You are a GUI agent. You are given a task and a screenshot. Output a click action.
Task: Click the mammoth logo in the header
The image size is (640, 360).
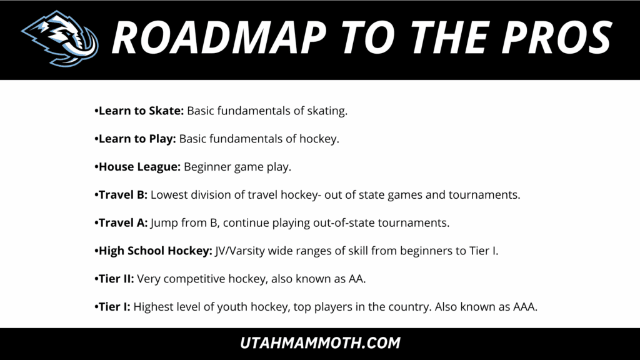coord(61,38)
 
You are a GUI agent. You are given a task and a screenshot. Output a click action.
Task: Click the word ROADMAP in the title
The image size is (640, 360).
coord(219,38)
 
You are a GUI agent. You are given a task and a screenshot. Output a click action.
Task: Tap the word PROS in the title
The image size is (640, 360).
coord(557,38)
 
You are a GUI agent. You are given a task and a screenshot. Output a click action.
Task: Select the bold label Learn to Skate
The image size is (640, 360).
coord(141,111)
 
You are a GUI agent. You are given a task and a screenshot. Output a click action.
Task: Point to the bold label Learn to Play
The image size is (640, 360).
coord(137,139)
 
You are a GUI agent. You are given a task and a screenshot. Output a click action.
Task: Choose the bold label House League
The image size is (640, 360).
coord(139,167)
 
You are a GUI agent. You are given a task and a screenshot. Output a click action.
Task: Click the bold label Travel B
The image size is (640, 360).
coord(123,195)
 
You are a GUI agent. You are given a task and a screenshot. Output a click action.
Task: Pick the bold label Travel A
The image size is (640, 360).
coord(123,223)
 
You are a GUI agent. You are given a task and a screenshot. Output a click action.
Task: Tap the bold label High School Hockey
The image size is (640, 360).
coord(156,251)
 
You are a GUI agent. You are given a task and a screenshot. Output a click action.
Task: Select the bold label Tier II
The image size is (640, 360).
coord(116,279)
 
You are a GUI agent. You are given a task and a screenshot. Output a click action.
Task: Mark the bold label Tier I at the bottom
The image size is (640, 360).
coord(114,306)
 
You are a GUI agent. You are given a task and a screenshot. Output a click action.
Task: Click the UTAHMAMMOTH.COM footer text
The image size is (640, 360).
coord(320,343)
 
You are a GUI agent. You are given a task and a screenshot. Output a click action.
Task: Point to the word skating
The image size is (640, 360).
coord(327,111)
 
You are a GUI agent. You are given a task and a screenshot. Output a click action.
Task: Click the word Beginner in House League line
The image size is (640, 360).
coord(207,167)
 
